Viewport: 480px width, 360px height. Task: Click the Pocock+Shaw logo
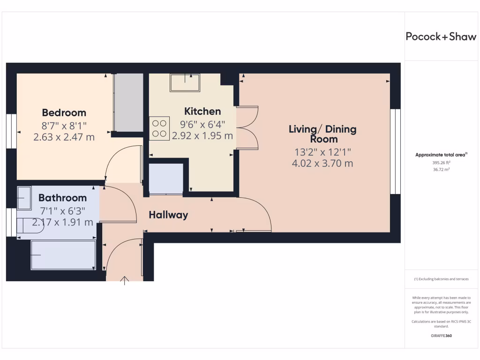tap(441, 37)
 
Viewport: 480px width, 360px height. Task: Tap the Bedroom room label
tap(64, 112)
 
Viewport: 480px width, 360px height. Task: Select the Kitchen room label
tap(202, 112)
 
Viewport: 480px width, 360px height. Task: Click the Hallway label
tap(168, 215)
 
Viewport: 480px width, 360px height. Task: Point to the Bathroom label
tap(62, 198)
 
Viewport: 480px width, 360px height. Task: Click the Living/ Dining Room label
tap(322, 134)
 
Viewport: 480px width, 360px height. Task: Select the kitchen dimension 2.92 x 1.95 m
tap(202, 136)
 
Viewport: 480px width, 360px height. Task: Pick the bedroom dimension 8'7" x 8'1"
tap(64, 126)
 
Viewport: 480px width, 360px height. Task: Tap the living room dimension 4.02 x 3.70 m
tap(322, 164)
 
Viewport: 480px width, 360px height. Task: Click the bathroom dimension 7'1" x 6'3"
tap(62, 210)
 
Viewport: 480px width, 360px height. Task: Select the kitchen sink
tap(186, 83)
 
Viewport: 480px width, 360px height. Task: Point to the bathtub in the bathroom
tap(63, 255)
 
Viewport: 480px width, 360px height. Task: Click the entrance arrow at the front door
tap(125, 281)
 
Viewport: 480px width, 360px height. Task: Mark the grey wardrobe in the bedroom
tap(129, 103)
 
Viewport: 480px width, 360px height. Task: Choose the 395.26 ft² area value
tap(442, 163)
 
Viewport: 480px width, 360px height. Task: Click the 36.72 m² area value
tap(442, 170)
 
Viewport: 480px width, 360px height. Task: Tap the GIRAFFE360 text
tap(442, 336)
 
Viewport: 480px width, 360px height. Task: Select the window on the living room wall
tap(396, 151)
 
